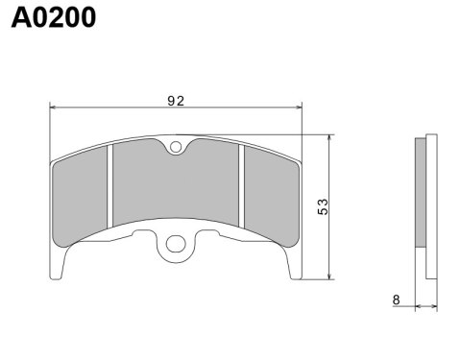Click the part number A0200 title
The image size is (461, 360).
pos(53,18)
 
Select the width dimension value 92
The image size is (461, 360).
pos(174,100)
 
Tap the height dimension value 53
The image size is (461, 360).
pos(323,205)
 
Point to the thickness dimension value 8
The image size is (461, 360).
pos(396,300)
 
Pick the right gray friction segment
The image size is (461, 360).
pos(271,197)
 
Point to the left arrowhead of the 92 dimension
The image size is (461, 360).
pos(54,108)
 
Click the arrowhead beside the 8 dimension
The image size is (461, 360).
pos(418,307)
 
